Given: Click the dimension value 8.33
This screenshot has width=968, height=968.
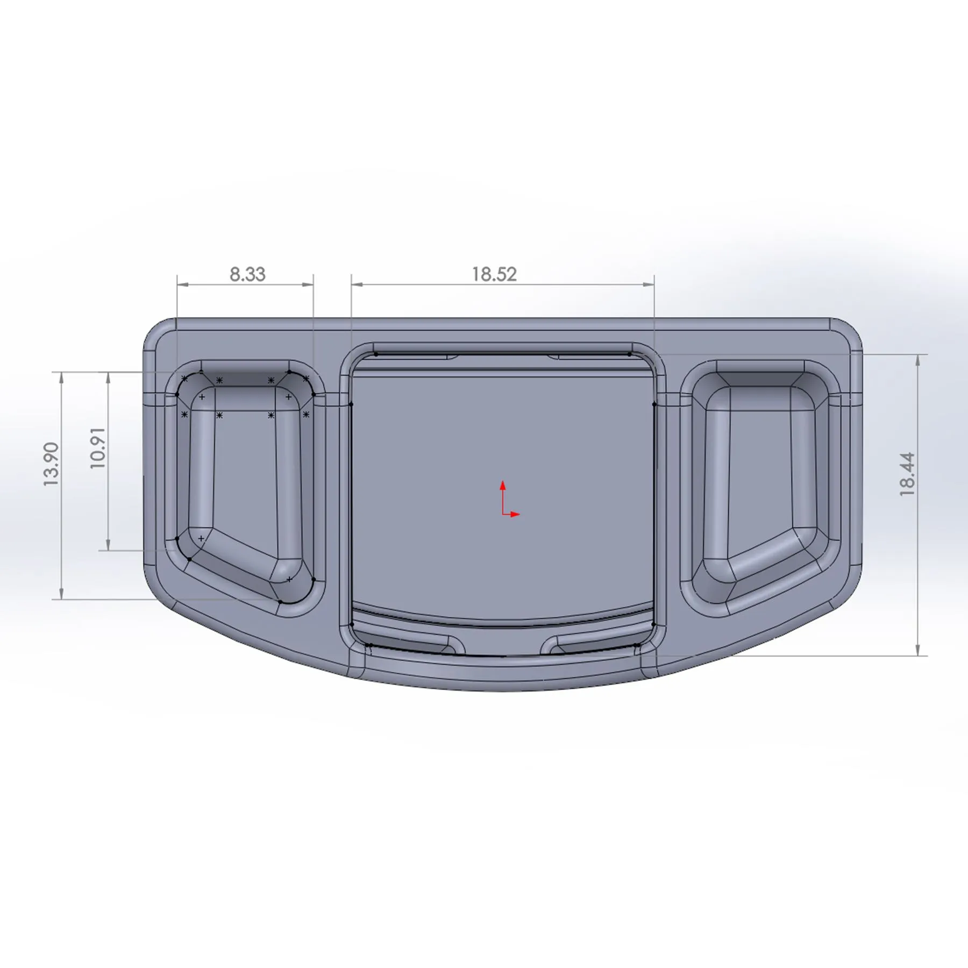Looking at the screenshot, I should point(247,274).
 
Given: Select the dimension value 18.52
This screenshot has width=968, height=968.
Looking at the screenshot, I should point(494,274).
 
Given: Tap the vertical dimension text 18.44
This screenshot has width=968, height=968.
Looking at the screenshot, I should point(907,474).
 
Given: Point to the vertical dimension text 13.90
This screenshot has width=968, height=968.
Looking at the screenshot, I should point(51,465).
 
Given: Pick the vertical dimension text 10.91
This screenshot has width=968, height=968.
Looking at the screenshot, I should point(98,448).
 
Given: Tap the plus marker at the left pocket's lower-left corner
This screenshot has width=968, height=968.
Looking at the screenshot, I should point(201,538).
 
